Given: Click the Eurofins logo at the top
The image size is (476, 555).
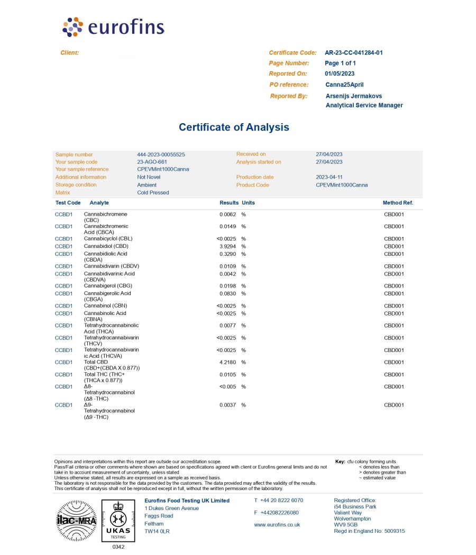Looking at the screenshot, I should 113,27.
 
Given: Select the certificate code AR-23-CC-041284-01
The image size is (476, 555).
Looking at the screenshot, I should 353,53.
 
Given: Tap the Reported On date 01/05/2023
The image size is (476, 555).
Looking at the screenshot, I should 340,74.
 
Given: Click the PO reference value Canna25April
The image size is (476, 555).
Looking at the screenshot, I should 344,85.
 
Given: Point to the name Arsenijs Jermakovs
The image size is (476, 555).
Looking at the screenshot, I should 353,96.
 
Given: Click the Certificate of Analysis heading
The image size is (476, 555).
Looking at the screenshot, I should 234,127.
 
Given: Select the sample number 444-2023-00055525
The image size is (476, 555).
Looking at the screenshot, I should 161,154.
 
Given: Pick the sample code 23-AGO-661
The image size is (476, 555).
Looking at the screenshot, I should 152,162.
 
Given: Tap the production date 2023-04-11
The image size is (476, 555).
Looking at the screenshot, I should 328,177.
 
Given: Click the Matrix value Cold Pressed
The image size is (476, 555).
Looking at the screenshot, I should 153,192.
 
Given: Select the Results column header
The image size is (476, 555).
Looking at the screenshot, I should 229,203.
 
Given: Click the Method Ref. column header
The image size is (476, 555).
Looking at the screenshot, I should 398,203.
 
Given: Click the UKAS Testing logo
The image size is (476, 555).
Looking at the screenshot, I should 118,521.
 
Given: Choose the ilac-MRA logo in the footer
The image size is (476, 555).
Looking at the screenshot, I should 76,521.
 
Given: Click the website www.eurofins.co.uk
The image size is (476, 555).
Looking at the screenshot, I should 277,525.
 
